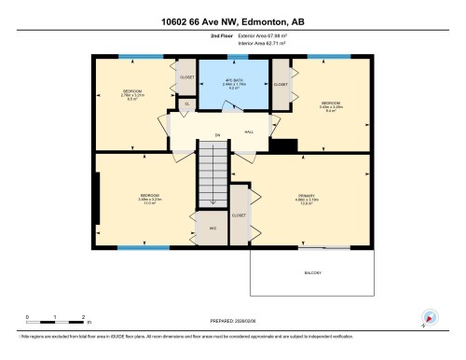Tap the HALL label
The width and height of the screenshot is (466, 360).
(x=250, y=132)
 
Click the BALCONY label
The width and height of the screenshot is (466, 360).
(x=312, y=272)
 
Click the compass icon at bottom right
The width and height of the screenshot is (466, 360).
(x=429, y=317)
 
